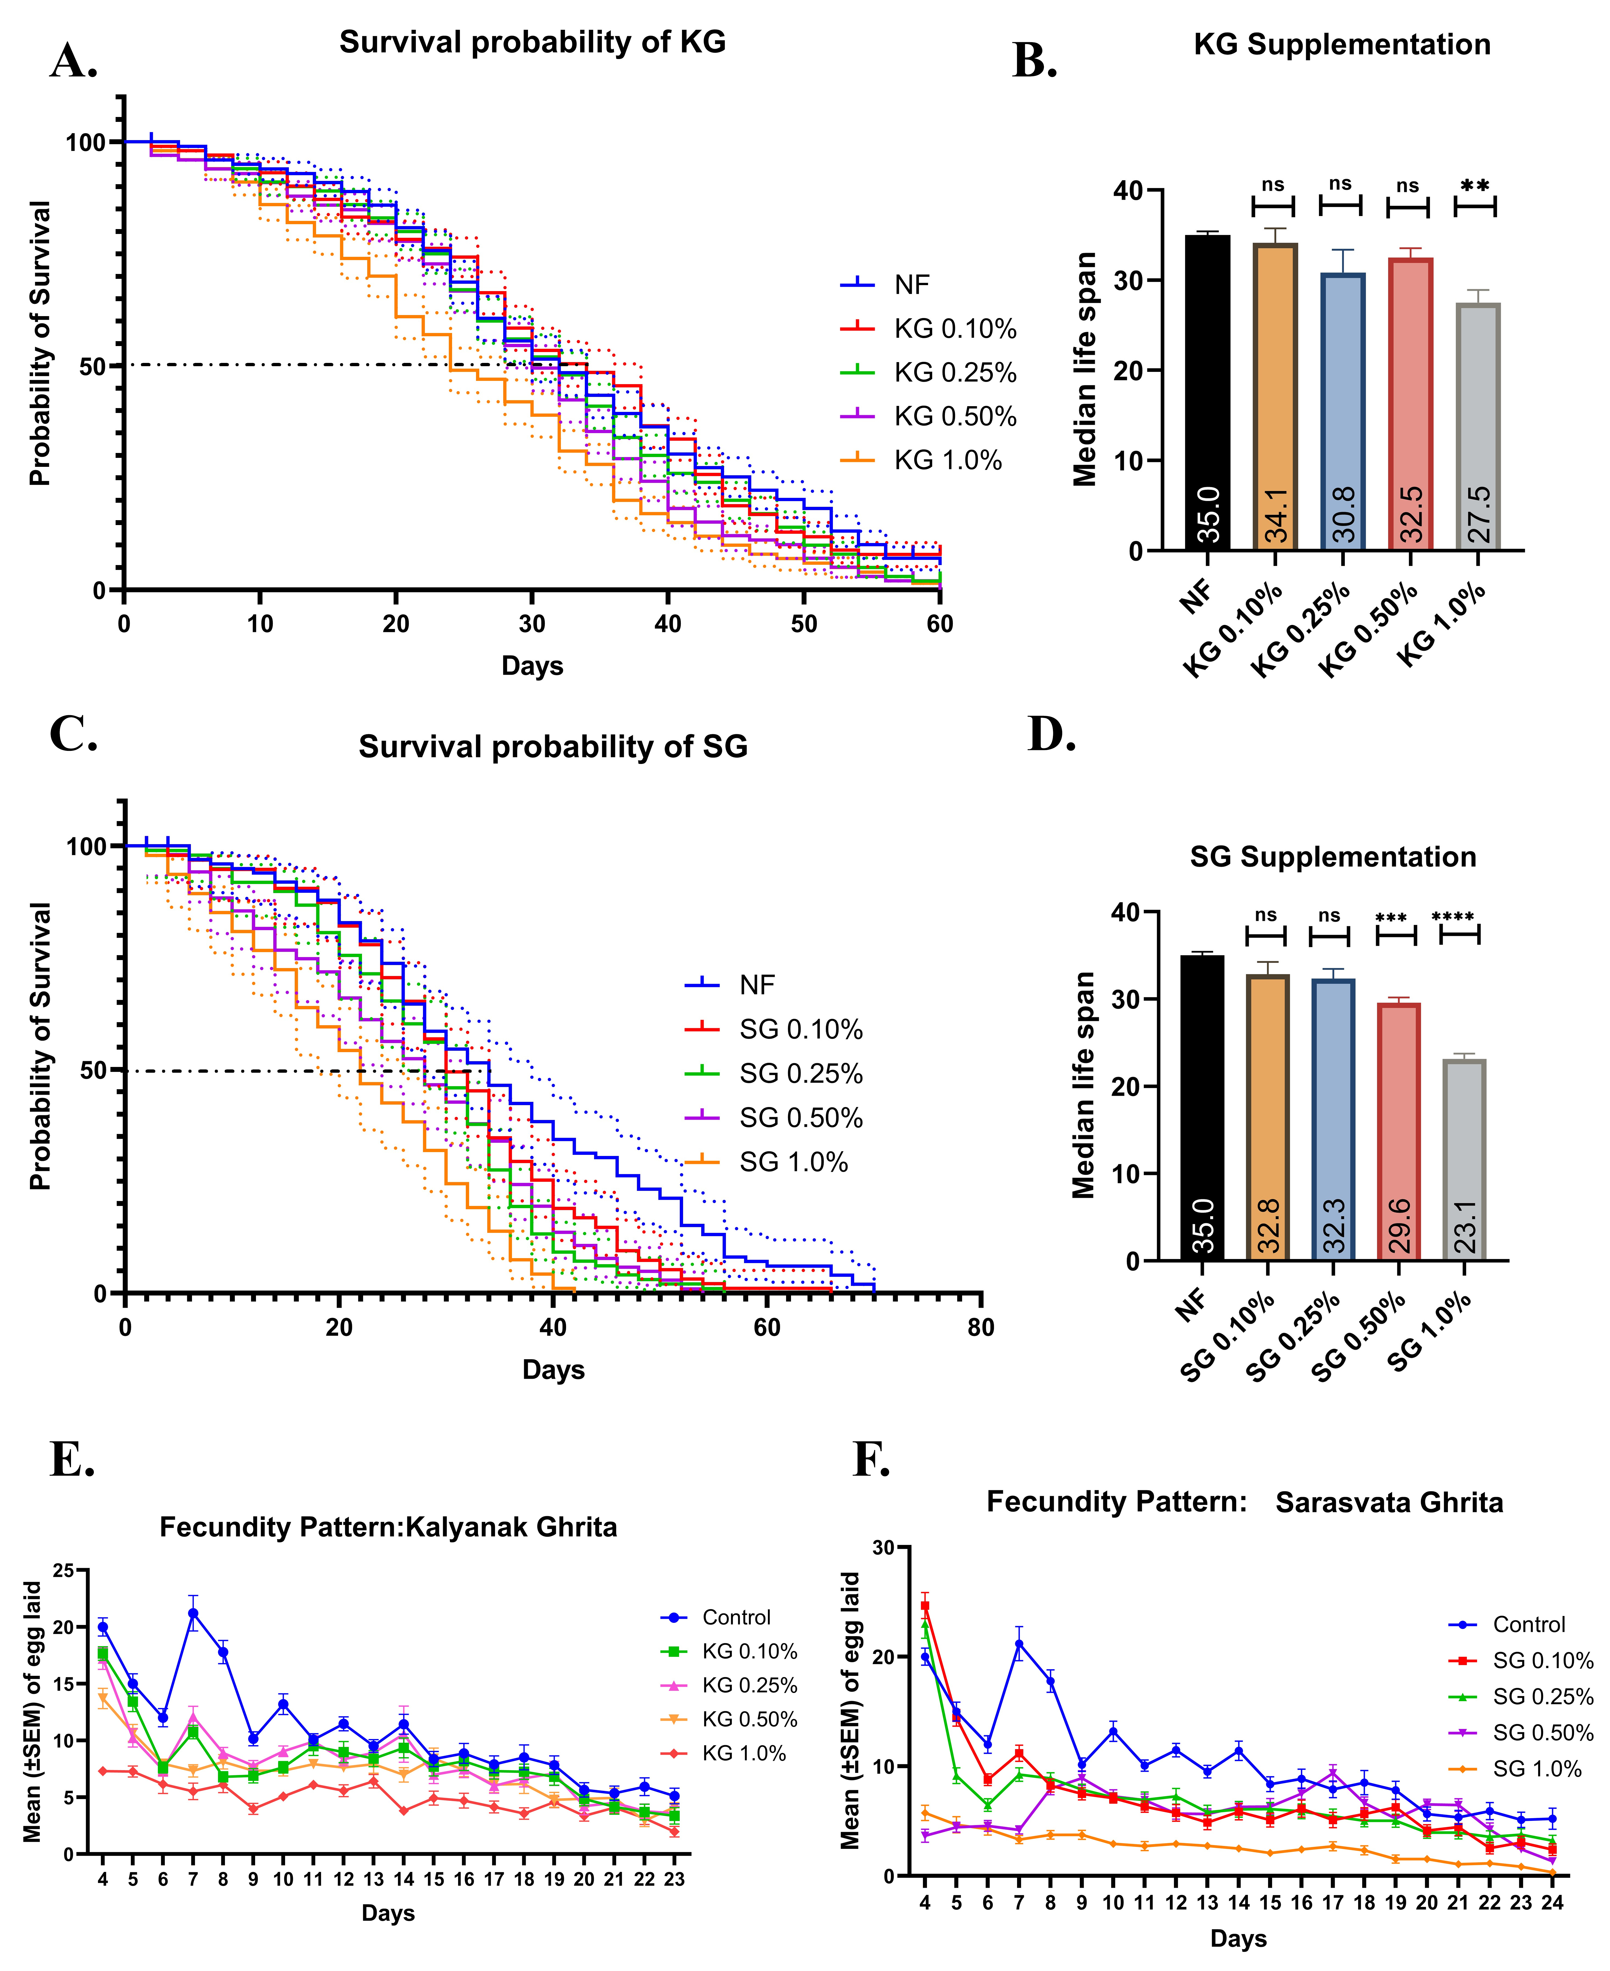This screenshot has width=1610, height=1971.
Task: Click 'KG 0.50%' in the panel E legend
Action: click(749, 1719)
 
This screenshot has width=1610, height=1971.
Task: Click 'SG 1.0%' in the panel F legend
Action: click(1537, 1769)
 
